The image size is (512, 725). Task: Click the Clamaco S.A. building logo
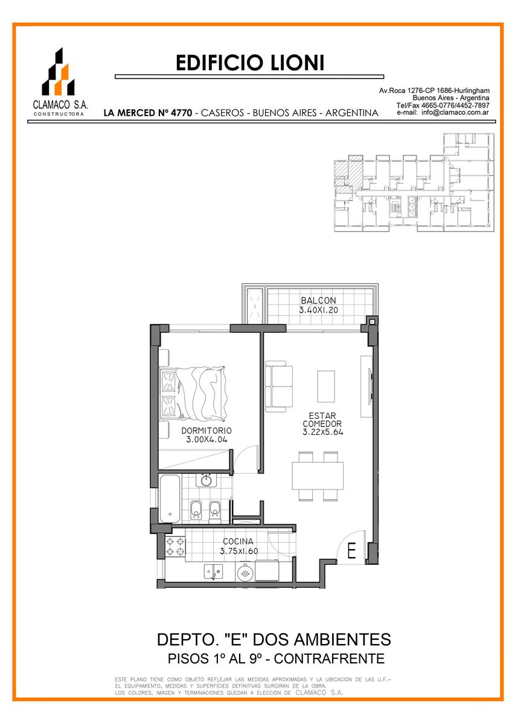point(58,71)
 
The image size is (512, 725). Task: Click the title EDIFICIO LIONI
point(250,63)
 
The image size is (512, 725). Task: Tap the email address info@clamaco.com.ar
point(455,112)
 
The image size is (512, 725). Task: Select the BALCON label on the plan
point(318,300)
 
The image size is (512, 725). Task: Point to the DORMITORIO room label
point(206,430)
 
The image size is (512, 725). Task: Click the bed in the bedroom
point(193,393)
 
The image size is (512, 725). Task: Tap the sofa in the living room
point(279,386)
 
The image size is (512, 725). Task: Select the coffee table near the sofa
point(325,386)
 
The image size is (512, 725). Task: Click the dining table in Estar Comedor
point(318,476)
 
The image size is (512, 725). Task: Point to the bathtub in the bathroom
point(170,499)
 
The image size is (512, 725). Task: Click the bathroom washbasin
point(206,480)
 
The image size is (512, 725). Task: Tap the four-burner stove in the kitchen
point(175,546)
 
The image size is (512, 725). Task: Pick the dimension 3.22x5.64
point(322,432)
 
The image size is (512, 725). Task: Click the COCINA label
point(238,541)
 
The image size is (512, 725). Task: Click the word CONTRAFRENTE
point(329,659)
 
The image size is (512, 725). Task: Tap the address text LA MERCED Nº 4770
point(148,113)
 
